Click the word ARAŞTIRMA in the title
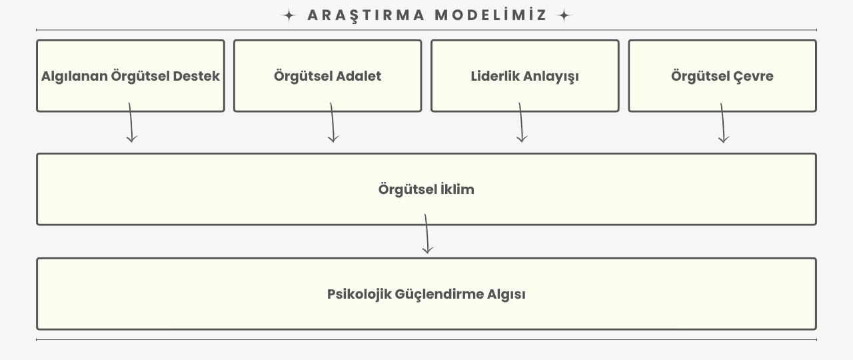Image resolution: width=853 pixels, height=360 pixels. pos(366,15)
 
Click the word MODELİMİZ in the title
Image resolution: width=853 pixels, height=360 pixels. pos(491,15)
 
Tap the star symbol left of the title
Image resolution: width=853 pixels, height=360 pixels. pos(289,15)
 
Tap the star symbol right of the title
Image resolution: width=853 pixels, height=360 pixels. pos(564,15)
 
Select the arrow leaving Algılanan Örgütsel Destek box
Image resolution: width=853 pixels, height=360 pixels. pos(131,123)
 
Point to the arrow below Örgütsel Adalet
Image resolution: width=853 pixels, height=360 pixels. pos(333,123)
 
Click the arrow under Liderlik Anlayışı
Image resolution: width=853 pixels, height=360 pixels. pos(521,123)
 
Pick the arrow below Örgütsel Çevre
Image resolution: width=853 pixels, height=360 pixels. pos(723,123)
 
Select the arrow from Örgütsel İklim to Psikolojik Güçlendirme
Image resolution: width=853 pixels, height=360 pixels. pos(427,234)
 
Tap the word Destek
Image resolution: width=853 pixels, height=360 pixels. pos(196,76)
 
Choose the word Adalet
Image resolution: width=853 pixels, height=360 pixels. pos(359,76)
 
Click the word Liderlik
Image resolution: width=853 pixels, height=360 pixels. pos(495,76)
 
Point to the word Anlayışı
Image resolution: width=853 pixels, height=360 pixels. pos(551,76)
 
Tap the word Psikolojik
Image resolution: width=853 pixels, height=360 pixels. pos(359,294)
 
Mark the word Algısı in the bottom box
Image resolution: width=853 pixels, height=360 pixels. pos(506,295)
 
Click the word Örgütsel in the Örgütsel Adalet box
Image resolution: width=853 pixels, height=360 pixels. pos(303,76)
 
